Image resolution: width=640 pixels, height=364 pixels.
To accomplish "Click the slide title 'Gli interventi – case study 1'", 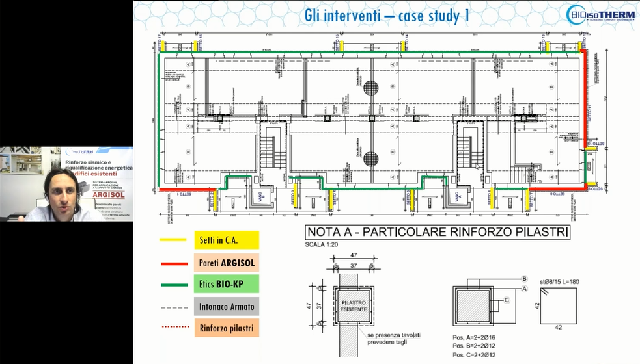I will [387, 15].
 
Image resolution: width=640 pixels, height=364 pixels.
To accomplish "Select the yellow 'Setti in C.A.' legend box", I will [226, 240].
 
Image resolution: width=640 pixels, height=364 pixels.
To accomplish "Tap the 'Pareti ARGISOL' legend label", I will [226, 262].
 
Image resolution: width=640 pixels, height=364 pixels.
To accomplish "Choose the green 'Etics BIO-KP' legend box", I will [226, 283].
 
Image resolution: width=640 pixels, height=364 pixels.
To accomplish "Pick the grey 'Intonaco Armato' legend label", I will [226, 305].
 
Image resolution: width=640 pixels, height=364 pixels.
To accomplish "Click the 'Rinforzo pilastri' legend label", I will [226, 327].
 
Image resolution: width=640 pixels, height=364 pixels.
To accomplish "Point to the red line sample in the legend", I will [173, 262].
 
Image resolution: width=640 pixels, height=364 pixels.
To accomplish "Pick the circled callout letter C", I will [506, 300].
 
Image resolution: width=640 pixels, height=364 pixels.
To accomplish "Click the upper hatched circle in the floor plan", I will [371, 88].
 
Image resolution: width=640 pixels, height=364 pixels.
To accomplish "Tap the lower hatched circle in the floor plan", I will [371, 158].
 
